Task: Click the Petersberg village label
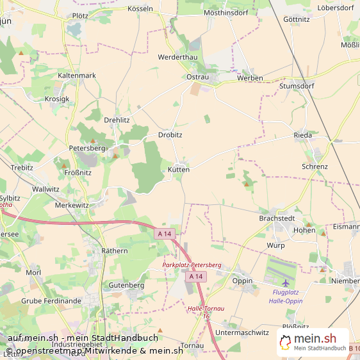86,148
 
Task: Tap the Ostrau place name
198,77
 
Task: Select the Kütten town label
179,170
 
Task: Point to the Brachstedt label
277,218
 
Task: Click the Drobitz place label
170,135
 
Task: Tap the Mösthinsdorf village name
225,12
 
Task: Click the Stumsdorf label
297,85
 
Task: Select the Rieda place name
302,135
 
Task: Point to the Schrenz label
315,167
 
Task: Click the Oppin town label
242,281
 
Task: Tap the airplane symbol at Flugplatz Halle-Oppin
285,282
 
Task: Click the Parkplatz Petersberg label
192,265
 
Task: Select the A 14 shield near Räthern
165,234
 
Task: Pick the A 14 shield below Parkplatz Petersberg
196,276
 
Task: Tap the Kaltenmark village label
77,75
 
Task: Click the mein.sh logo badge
313,343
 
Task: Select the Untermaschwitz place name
242,332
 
